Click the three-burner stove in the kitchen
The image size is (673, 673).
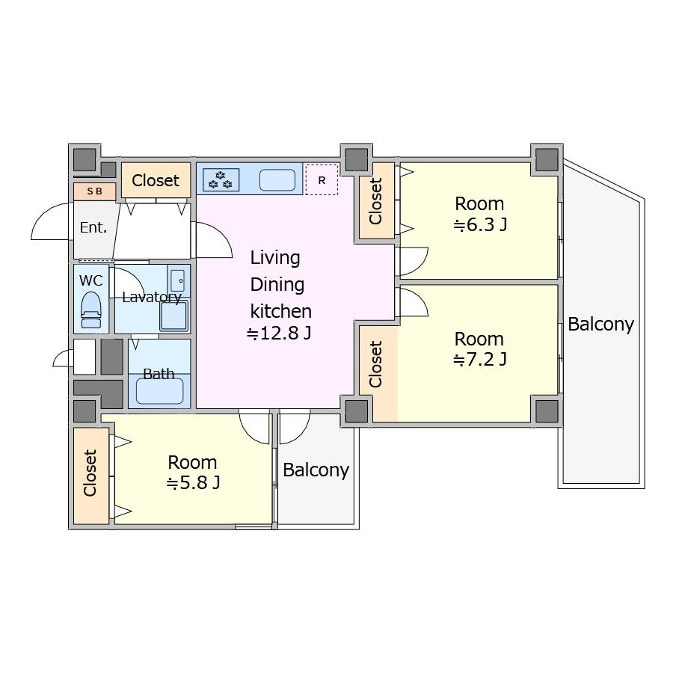pyautogui.click(x=221, y=179)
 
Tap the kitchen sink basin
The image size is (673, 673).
pyautogui.click(x=277, y=179)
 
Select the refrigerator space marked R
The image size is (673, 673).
pyautogui.click(x=322, y=179)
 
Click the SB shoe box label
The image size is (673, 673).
pyautogui.click(x=94, y=191)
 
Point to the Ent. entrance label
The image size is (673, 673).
pyautogui.click(x=93, y=227)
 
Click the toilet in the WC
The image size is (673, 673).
pyautogui.click(x=91, y=310)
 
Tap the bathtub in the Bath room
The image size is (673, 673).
pyautogui.click(x=160, y=391)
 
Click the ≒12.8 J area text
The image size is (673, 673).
pyautogui.click(x=279, y=333)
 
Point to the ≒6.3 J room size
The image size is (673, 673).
pyautogui.click(x=480, y=224)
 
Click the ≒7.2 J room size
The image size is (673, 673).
pyautogui.click(x=480, y=359)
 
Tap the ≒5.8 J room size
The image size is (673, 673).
pyautogui.click(x=193, y=483)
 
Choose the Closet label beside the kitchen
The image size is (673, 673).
pyautogui.click(x=156, y=180)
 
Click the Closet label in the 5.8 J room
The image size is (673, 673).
pyautogui.click(x=90, y=473)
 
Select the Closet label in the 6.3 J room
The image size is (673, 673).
pyautogui.click(x=375, y=201)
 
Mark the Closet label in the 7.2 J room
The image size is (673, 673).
pyautogui.click(x=375, y=364)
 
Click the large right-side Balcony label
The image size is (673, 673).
pyautogui.click(x=601, y=325)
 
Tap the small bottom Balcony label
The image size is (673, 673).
pyautogui.click(x=316, y=470)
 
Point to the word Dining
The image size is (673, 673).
pyautogui.click(x=277, y=285)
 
